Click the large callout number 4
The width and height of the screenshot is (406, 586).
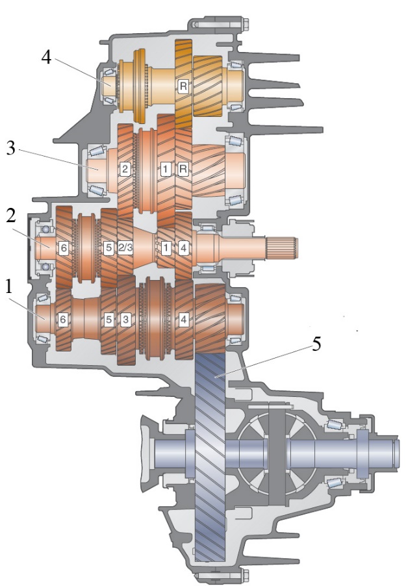pos(46,58)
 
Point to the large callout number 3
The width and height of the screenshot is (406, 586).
pos(11,148)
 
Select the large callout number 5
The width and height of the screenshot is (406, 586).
pos(316,344)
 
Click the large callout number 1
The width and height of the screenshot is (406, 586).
pos(8,287)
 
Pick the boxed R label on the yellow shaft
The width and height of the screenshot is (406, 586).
pos(183,86)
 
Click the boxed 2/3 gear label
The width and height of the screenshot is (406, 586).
pos(125,248)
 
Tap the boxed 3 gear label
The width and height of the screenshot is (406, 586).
pos(125,320)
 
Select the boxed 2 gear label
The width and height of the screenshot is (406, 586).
pos(125,169)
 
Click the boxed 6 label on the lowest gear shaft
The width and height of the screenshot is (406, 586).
pos(63,320)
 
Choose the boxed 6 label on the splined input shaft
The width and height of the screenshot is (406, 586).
pos(64,248)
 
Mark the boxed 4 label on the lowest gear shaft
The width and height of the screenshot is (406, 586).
pos(183,320)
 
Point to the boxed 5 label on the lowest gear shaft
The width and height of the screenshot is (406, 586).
pos(108,320)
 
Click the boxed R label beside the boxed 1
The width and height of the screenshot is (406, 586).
pos(183,169)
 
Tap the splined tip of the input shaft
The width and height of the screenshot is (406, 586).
pos(283,248)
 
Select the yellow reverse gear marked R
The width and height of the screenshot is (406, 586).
pos(183,84)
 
